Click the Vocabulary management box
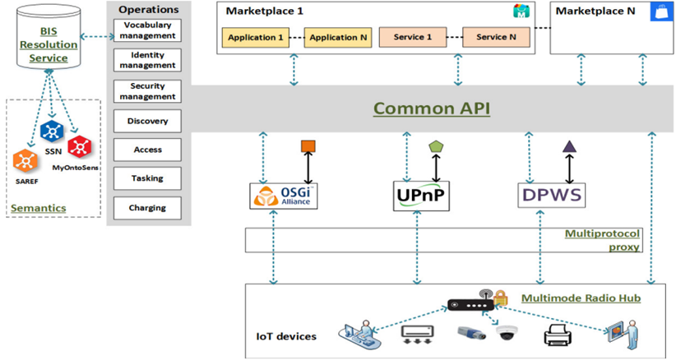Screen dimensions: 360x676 (147, 30)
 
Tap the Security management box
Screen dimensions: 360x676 (147, 91)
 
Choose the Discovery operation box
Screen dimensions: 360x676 (147, 122)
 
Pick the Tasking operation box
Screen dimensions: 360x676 (147, 178)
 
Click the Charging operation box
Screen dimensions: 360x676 (147, 208)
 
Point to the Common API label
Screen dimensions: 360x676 (432, 108)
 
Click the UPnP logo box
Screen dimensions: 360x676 (422, 196)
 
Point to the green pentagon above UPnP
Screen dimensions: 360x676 (436, 146)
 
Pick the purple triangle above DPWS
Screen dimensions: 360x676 (567, 147)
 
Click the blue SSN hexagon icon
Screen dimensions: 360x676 (53, 130)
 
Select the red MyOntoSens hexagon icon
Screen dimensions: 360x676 (81, 146)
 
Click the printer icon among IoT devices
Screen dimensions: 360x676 (558, 333)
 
